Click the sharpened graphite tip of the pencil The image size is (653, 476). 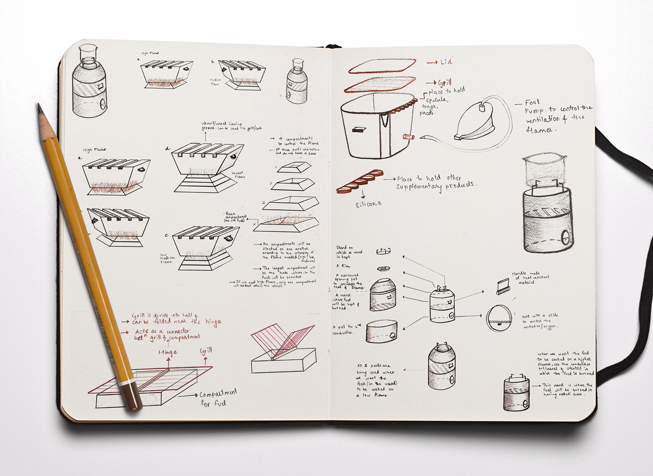40,108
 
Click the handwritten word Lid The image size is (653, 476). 445,62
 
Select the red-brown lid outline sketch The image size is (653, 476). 381,66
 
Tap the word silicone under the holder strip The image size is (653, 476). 368,204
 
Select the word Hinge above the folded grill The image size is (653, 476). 167,352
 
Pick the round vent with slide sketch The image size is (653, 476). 499,319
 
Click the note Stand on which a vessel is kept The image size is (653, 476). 349,252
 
